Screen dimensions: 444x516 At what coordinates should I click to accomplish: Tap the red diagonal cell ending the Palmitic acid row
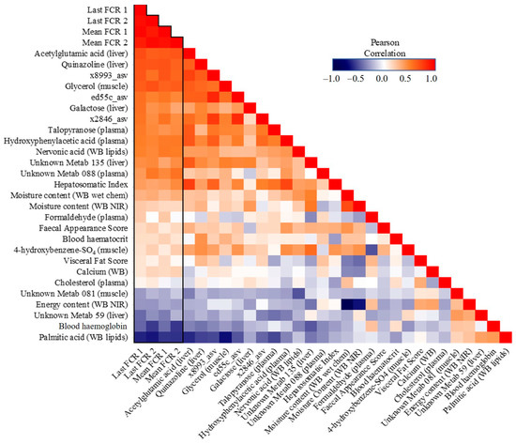[506, 338]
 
